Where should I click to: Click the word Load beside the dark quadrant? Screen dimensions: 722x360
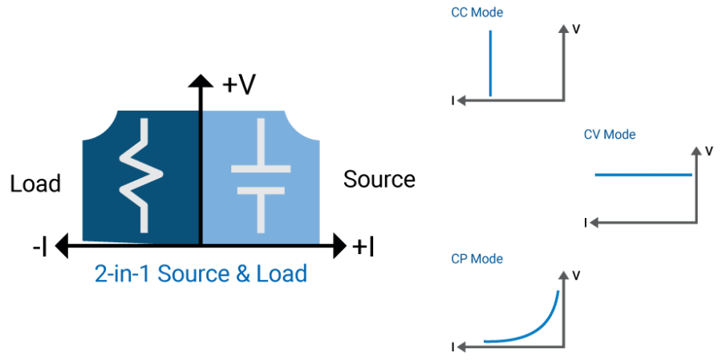point(35,184)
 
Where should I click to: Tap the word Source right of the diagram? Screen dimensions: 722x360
point(379,179)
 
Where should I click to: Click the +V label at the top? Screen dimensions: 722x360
point(238,86)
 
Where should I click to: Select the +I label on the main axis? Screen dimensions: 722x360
point(363,248)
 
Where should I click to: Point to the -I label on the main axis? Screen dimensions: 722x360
point(39,248)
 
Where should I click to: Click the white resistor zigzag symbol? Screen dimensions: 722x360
point(141,175)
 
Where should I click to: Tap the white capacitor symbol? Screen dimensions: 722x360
point(261,175)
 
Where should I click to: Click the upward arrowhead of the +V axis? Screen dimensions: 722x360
point(201,80)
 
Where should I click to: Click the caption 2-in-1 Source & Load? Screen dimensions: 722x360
point(201,274)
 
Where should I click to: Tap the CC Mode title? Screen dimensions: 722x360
point(477,13)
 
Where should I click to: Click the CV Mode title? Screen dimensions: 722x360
point(609,135)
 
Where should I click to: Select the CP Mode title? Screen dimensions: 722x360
point(477,259)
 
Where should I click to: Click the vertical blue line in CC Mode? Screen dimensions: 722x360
point(490,63)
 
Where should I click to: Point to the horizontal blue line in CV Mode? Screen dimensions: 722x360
point(643,175)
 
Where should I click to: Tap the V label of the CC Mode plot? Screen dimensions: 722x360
point(575,29)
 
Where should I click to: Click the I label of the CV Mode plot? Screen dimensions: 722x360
point(586,223)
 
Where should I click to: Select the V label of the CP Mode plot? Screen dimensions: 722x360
point(575,275)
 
